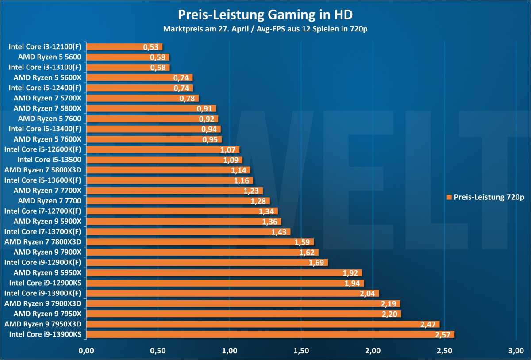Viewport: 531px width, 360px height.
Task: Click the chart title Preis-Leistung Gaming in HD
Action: tap(265, 15)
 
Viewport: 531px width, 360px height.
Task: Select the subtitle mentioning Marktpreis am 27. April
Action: tap(265, 30)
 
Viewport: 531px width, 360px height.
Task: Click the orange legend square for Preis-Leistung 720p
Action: tap(449, 197)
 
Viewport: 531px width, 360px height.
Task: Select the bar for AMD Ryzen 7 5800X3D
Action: tap(168, 170)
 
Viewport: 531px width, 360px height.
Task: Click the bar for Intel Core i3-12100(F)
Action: tap(124, 46)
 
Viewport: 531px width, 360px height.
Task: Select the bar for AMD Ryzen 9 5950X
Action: tap(224, 273)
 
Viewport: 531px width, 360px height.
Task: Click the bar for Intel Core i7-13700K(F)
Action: tap(188, 232)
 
